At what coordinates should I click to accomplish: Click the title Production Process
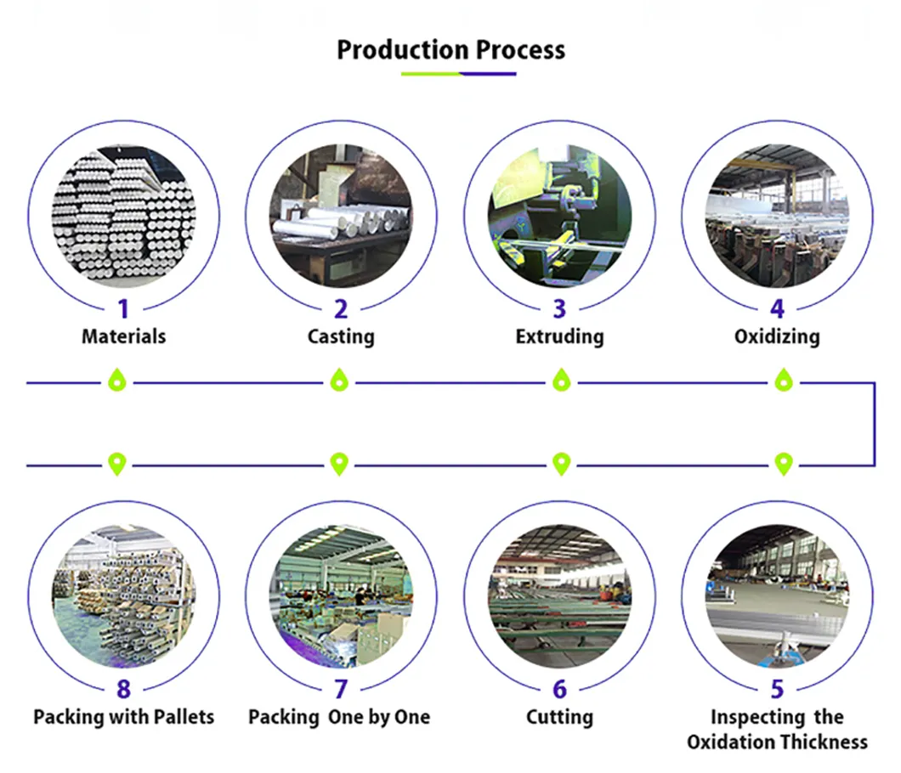pos(450,49)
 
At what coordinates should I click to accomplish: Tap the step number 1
pos(123,309)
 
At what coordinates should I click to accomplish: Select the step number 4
pos(777,309)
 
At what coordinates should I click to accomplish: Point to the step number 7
pos(341,689)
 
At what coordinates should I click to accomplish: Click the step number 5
pos(777,689)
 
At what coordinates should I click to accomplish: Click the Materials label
pos(123,336)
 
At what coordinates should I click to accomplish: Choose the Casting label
pos(341,336)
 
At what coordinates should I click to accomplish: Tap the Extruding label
pos(559,336)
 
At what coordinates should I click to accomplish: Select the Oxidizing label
pos(777,336)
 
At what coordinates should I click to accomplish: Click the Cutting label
pos(559,717)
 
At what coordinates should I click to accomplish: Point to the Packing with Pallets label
pos(123,717)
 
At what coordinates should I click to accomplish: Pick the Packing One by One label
pos(339,717)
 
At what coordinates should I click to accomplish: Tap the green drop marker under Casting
pos(339,381)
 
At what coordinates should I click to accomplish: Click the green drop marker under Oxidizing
pos(782,381)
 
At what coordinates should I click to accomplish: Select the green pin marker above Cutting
pos(561,464)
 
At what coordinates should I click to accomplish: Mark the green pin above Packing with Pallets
pos(117,464)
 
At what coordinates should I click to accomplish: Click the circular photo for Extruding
pos(559,216)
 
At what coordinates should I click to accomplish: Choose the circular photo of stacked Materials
pos(123,216)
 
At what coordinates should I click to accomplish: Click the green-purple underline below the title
pos(458,74)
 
